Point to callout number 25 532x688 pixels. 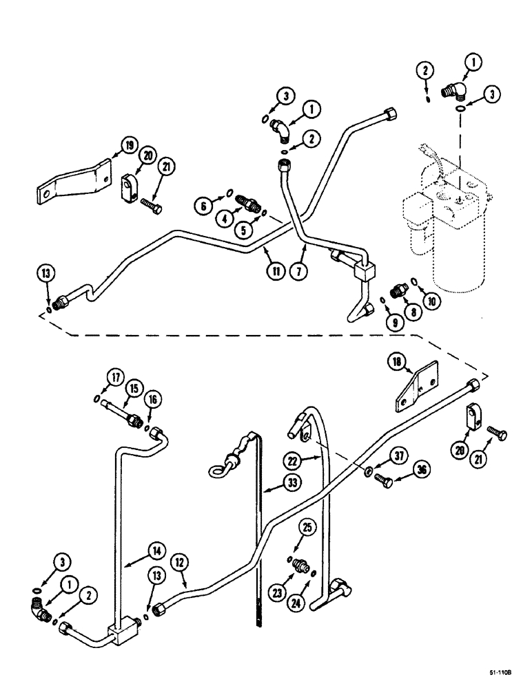coord(309,528)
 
